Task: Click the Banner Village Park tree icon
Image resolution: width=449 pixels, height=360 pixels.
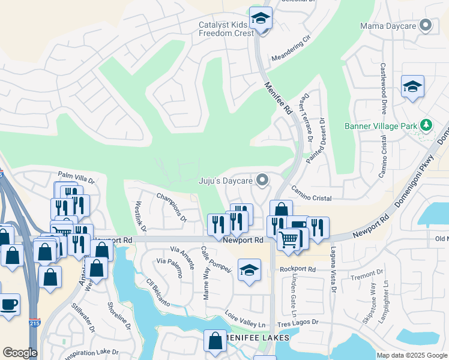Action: coord(427,125)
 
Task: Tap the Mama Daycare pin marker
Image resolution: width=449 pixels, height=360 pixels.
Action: coord(426,26)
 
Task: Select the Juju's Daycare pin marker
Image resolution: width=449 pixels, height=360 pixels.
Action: coord(262,180)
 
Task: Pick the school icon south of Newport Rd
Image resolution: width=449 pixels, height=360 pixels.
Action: coord(249,270)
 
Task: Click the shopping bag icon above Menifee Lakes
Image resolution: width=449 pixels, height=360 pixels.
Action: coord(215,341)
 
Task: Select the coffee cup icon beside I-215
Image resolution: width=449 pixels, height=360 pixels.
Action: coord(8,304)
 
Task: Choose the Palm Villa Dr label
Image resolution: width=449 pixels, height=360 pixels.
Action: coord(76,179)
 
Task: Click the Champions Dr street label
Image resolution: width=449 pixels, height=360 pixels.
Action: coord(172,206)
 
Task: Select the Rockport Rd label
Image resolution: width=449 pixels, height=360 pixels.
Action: coord(298,269)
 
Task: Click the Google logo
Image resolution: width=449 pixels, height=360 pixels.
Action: coord(20,352)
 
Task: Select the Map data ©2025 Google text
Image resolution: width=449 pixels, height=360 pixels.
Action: coord(411,355)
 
